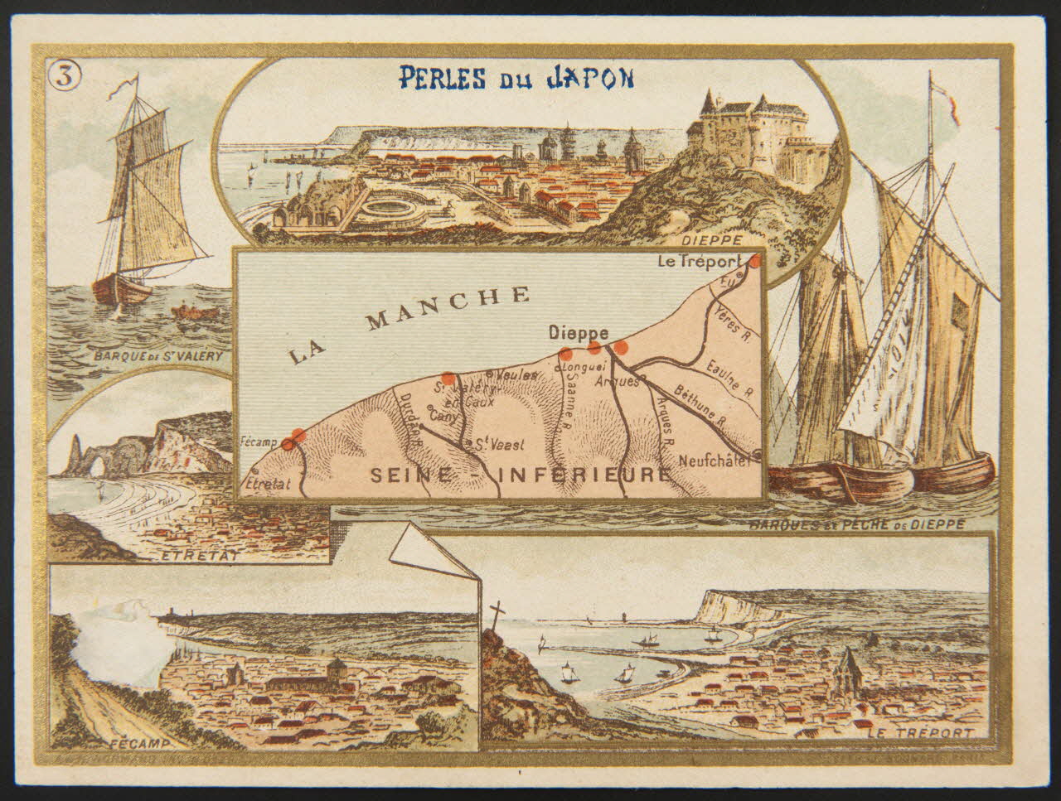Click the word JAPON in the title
coord(589,78)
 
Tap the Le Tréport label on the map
coord(697,262)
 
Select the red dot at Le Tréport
coord(755,262)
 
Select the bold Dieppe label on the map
coord(579,332)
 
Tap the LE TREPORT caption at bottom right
coord(920,733)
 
